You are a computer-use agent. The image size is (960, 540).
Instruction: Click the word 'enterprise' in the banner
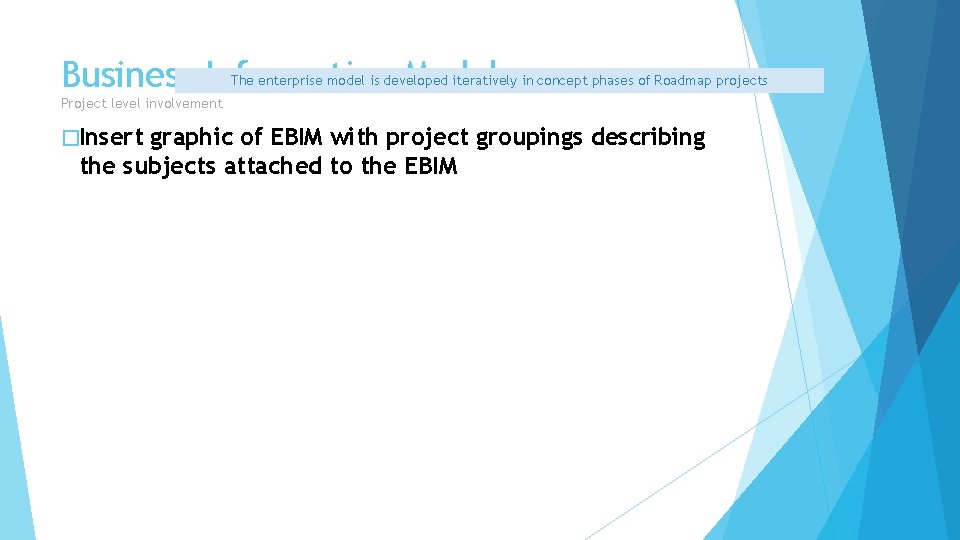point(290,81)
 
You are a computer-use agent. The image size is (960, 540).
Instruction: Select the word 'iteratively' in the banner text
point(485,81)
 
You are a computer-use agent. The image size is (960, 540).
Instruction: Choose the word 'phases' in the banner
point(613,81)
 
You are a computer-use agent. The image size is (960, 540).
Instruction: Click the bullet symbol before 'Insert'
point(69,138)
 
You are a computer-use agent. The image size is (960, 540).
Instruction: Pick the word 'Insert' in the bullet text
point(111,138)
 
